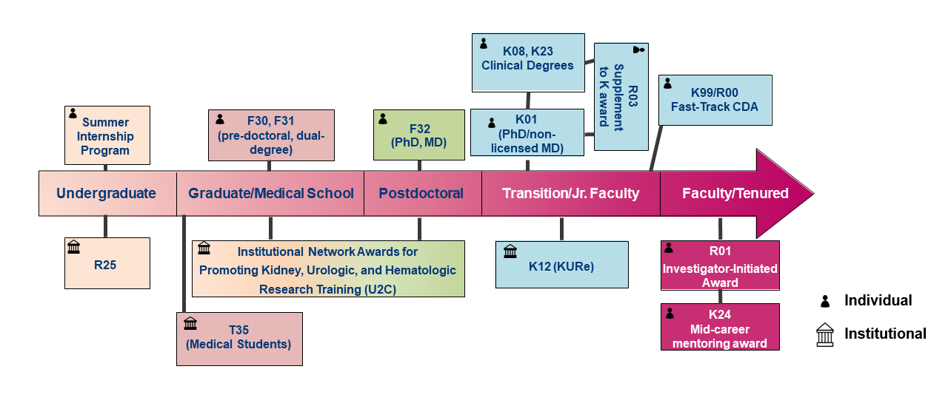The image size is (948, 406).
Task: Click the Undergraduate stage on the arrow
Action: pyautogui.click(x=106, y=194)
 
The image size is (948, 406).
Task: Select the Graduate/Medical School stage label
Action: pyautogui.click(x=270, y=194)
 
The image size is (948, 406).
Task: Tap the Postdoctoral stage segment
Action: pyautogui.click(x=421, y=194)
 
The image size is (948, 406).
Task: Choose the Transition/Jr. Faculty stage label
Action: pyautogui.click(x=570, y=194)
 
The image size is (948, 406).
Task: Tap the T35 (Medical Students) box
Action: pyautogui.click(x=239, y=338)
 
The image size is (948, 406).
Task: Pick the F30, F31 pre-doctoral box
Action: pyautogui.click(x=271, y=135)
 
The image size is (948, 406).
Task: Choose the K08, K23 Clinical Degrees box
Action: pyautogui.click(x=527, y=58)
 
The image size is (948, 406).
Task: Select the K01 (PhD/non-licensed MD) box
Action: pyautogui.click(x=527, y=133)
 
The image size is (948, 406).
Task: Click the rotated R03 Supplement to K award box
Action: pyautogui.click(x=621, y=96)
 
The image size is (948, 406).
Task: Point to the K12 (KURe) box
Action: pyautogui.click(x=562, y=264)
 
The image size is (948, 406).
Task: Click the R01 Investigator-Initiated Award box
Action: pyautogui.click(x=720, y=266)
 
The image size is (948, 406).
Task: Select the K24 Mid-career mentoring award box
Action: pyautogui.click(x=720, y=327)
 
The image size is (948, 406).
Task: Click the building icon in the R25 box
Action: pyautogui.click(x=74, y=247)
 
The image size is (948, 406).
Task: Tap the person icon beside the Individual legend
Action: pyautogui.click(x=824, y=301)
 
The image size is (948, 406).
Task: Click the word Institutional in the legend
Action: pyautogui.click(x=885, y=334)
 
